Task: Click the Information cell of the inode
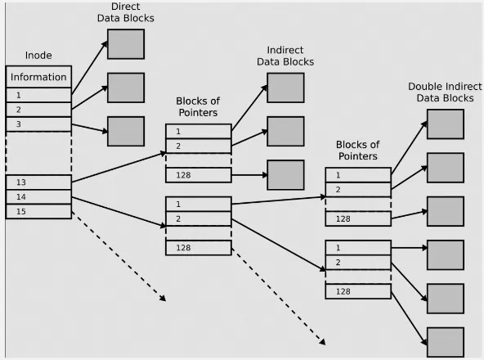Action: [x=38, y=78]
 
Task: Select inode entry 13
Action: [x=38, y=182]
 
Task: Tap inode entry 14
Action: [x=38, y=196]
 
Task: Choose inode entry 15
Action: [x=38, y=211]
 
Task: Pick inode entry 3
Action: [x=38, y=124]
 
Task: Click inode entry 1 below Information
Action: [x=38, y=95]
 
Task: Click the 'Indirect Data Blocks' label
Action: [x=285, y=56]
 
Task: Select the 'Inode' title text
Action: [x=38, y=56]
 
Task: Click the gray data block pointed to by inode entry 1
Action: [x=126, y=44]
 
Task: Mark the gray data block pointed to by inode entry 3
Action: [x=126, y=131]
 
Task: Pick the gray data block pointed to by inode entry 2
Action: [x=126, y=88]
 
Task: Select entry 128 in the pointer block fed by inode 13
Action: [x=198, y=174]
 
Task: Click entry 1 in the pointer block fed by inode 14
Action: [x=198, y=204]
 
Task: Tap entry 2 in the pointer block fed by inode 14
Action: [x=198, y=218]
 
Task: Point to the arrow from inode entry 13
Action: [x=119, y=166]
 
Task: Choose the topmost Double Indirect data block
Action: [x=445, y=124]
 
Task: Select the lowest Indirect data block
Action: [x=285, y=174]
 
